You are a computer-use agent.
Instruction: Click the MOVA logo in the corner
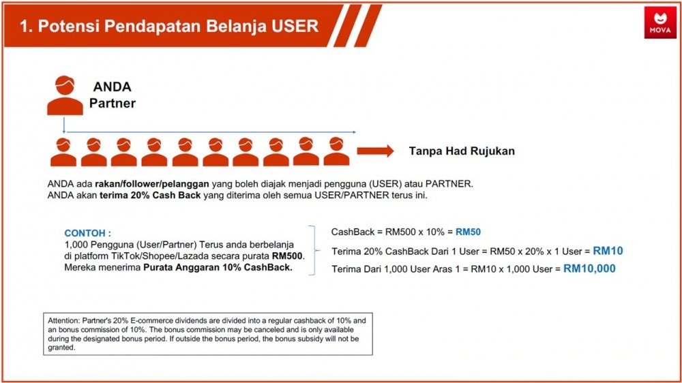[660, 22]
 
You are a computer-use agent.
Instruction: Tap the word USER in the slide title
[295, 26]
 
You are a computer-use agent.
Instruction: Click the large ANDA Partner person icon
[65, 95]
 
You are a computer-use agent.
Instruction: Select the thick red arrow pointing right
[375, 151]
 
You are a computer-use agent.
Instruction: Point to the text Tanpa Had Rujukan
[462, 151]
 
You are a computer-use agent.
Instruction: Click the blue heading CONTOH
[87, 233]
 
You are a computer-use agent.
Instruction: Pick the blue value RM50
[468, 232]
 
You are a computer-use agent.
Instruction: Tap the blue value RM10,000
[589, 269]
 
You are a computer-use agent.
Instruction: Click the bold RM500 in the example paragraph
[287, 256]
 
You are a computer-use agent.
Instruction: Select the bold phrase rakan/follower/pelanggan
[152, 184]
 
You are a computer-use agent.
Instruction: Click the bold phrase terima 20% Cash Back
[150, 195]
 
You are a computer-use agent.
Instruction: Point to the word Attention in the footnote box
[63, 320]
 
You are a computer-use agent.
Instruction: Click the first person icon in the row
[63, 152]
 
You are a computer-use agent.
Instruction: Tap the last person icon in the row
[336, 151]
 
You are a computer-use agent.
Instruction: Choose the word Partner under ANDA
[113, 103]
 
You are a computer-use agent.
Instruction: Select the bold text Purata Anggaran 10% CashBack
[218, 267]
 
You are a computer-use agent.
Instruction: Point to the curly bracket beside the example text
[314, 250]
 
